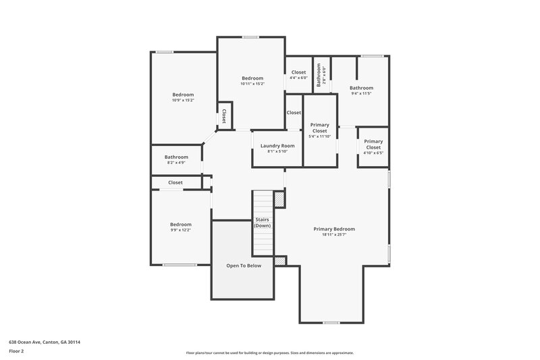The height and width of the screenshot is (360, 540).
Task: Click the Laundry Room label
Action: (277, 146)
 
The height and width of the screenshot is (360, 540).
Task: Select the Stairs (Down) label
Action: (262, 222)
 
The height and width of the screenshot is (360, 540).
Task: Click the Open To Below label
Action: (243, 266)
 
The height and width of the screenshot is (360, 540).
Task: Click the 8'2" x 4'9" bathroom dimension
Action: (175, 163)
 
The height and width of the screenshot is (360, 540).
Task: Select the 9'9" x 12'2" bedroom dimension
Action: (180, 230)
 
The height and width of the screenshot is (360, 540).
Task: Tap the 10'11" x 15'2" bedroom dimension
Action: (252, 84)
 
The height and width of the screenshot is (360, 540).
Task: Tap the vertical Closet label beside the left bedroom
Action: (224, 115)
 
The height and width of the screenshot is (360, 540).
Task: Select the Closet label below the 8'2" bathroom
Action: (175, 182)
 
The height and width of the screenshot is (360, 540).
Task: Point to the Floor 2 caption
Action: (16, 352)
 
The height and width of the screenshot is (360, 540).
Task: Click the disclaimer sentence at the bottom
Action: (269, 353)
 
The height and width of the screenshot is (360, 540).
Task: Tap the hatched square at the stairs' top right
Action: (279, 199)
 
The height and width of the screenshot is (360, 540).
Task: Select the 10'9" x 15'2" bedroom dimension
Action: (183, 100)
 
